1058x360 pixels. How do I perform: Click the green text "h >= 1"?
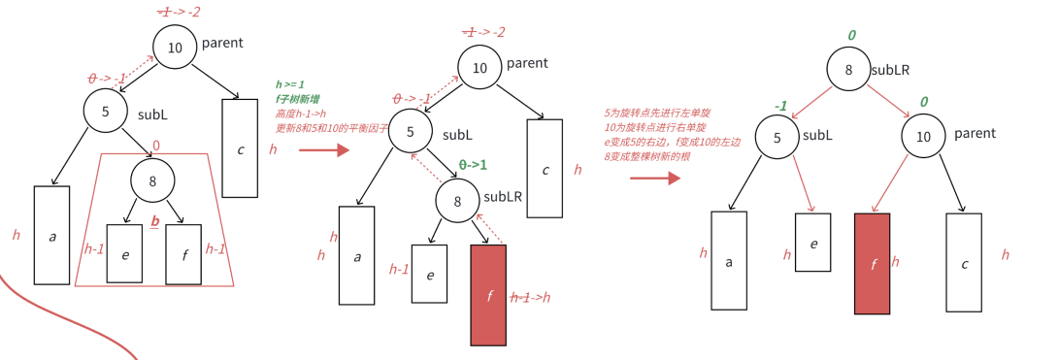click(x=289, y=84)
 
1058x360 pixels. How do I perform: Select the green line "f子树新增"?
click(x=297, y=99)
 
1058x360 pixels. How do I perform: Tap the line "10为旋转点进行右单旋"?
click(x=653, y=127)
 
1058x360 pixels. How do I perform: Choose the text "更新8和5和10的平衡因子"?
click(x=331, y=128)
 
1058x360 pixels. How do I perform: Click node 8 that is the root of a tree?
click(x=849, y=69)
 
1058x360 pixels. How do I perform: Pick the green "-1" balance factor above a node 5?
click(x=780, y=106)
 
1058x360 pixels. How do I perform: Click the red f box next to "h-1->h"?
click(x=488, y=295)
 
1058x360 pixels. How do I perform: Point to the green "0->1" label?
click(x=473, y=165)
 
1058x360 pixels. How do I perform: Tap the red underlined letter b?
click(x=154, y=221)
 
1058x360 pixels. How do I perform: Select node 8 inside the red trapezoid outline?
click(x=153, y=180)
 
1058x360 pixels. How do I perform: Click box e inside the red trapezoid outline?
click(x=124, y=253)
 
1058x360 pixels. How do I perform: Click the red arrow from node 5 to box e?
click(x=803, y=180)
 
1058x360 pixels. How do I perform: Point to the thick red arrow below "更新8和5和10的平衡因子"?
click(x=323, y=150)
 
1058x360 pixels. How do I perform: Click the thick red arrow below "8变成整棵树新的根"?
click(x=655, y=178)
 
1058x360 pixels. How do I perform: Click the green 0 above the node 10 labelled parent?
click(x=923, y=102)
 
